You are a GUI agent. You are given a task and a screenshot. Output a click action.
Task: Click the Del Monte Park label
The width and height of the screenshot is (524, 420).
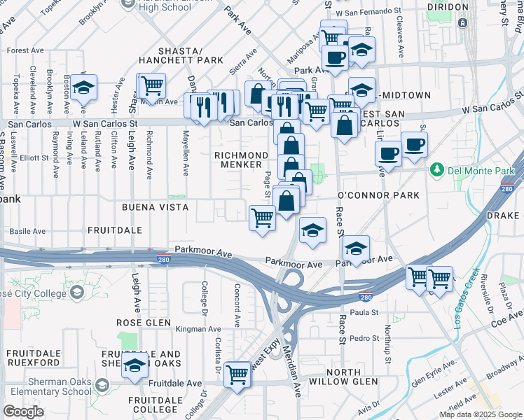(x=482, y=169)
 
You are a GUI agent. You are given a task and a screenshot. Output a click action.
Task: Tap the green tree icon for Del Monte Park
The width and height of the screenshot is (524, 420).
(x=438, y=169)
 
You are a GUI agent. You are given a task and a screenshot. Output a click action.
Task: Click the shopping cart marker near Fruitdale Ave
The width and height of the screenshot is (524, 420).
(x=237, y=374)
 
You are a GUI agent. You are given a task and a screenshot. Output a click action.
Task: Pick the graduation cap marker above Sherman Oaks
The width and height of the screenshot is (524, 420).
(x=135, y=365)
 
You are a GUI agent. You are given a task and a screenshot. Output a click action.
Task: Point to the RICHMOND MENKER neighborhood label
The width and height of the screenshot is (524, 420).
(x=242, y=160)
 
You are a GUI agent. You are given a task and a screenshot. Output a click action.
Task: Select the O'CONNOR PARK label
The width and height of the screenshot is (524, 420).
(x=378, y=195)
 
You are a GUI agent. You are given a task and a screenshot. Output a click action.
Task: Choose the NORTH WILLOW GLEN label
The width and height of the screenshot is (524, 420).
(x=343, y=377)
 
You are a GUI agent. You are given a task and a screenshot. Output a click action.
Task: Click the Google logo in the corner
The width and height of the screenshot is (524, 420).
(x=24, y=412)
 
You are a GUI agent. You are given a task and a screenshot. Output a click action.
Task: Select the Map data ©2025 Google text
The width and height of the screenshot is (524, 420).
(x=480, y=414)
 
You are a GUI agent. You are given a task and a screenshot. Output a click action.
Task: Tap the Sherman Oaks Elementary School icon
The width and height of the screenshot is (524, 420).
(x=102, y=386)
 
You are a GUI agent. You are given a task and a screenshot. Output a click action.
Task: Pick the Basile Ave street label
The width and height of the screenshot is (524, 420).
(x=27, y=230)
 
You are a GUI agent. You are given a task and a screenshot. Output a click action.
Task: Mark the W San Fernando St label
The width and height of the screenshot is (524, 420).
(x=369, y=13)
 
